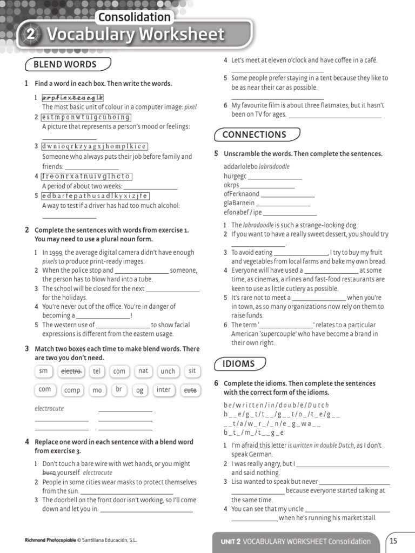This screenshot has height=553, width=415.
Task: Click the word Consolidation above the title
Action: click(134, 17)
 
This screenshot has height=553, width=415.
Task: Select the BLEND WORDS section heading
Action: click(65, 64)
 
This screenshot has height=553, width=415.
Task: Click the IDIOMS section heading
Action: click(238, 363)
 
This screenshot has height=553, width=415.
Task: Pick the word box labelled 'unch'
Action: click(168, 372)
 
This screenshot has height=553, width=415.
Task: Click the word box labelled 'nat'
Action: click(143, 371)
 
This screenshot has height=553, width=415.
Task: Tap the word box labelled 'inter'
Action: click(164, 390)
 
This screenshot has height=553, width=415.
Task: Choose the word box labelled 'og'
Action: click(140, 390)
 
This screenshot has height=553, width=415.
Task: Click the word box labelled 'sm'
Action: click(44, 371)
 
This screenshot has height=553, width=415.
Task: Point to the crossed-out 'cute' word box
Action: click(190, 389)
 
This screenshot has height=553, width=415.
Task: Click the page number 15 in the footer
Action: click(393, 541)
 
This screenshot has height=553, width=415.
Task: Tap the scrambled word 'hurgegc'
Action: click(235, 176)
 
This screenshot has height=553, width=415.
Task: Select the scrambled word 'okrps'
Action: click(231, 185)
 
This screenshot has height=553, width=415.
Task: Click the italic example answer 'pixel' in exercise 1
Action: click(191, 107)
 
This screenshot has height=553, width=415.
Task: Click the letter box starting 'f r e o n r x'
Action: click(86, 176)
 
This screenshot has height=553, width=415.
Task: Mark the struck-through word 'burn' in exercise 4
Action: click(49, 473)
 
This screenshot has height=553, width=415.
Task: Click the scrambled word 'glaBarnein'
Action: click(239, 203)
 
